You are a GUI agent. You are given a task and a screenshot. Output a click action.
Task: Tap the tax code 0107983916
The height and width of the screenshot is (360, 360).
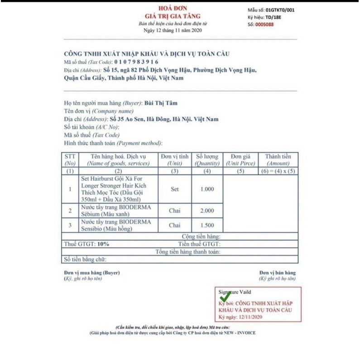coord(136,62)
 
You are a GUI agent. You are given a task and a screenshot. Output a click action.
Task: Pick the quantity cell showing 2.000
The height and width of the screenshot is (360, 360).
coord(207,211)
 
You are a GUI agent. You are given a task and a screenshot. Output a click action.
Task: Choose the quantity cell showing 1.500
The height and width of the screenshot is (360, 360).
coord(207,225)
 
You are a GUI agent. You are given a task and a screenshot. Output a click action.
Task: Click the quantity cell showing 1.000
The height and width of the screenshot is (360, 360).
coord(207,189)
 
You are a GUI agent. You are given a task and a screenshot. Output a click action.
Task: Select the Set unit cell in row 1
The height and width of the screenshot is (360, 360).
coord(175,189)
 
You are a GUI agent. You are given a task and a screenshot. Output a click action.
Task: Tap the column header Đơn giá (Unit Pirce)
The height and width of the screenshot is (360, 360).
coord(240,159)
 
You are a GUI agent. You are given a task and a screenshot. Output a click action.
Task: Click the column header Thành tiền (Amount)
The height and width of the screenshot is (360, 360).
coord(278,159)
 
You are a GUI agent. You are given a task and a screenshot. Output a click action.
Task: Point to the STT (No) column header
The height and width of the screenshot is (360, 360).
coord(70,159)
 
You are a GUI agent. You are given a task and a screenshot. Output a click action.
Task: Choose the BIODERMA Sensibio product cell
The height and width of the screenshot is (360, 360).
coord(115,225)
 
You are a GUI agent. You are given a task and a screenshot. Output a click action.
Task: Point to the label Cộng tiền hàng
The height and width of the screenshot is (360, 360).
coord(201,236)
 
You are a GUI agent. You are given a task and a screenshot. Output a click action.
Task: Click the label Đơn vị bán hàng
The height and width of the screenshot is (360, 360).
coord(277,273)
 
